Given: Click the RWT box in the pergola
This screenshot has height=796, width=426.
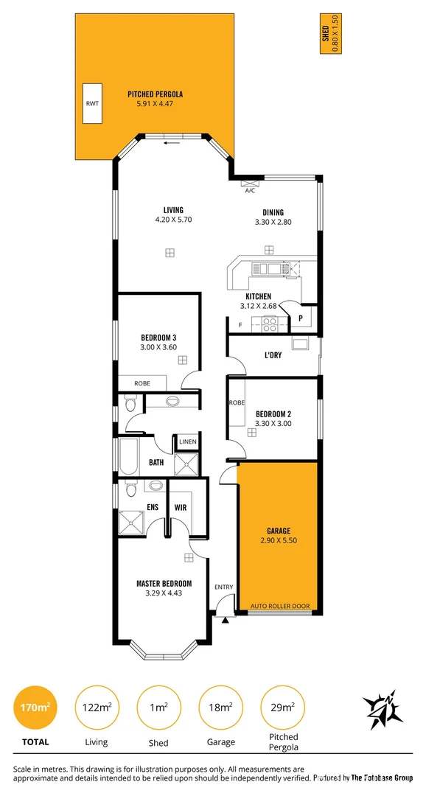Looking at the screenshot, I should click(x=93, y=104).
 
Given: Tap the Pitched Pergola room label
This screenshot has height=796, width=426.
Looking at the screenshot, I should click(x=155, y=94).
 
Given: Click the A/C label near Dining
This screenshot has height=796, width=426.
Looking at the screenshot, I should click(x=249, y=190).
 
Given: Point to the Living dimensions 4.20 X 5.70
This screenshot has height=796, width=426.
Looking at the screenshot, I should click(x=173, y=220).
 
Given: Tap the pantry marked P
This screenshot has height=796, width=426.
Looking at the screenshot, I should click(x=301, y=318).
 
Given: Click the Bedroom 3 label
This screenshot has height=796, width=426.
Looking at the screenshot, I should click(x=158, y=338).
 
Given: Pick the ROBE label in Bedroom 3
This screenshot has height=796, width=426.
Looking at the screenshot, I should click(x=143, y=383).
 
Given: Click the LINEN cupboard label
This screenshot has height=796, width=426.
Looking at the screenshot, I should click(x=187, y=441).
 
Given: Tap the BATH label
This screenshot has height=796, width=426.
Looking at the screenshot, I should click(x=156, y=462).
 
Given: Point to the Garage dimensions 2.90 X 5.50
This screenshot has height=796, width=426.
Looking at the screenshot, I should click(x=279, y=540).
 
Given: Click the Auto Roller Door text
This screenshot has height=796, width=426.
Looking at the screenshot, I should click(x=280, y=607).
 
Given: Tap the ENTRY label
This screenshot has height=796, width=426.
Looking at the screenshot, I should click(x=223, y=587).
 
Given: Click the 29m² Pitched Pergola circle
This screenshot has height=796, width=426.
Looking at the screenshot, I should click(x=282, y=707).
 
